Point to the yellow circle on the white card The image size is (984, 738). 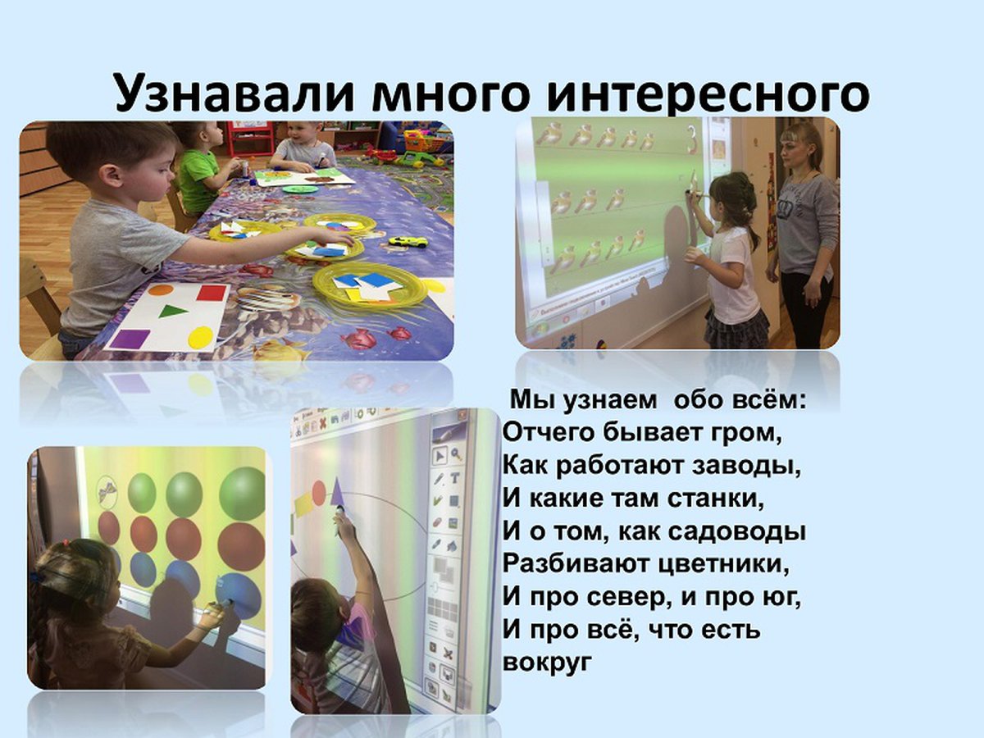point(200,337)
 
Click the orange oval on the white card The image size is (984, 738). point(161,289)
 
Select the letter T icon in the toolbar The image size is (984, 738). point(455,478)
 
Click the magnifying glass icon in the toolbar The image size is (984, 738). point(456,454)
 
